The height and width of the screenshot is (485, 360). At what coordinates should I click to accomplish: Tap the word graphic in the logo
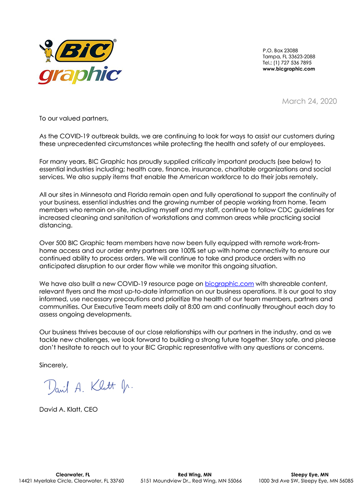coord(80,75)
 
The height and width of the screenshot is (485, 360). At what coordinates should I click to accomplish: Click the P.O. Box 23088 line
coord(280,50)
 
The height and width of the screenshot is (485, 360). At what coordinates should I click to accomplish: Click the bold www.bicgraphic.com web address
coord(289,69)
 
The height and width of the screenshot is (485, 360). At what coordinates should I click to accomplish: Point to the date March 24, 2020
coord(309,101)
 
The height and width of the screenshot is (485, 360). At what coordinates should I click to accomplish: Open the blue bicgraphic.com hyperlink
coord(229,284)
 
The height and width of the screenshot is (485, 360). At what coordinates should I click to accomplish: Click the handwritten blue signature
coord(88,386)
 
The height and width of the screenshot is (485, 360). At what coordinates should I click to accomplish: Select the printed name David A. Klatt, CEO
coord(68,410)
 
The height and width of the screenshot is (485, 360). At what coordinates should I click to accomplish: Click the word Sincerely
coord(53,365)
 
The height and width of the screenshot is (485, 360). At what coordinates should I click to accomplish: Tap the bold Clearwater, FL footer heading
coord(73,475)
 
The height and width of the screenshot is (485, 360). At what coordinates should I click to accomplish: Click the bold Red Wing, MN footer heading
coord(195,475)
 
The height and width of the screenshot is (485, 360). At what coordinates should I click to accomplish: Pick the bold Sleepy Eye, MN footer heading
coord(310,475)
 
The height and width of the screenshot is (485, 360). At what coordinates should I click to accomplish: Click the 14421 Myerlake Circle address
coord(71,481)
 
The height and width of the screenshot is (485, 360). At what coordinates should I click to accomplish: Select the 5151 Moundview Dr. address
coord(191,481)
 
